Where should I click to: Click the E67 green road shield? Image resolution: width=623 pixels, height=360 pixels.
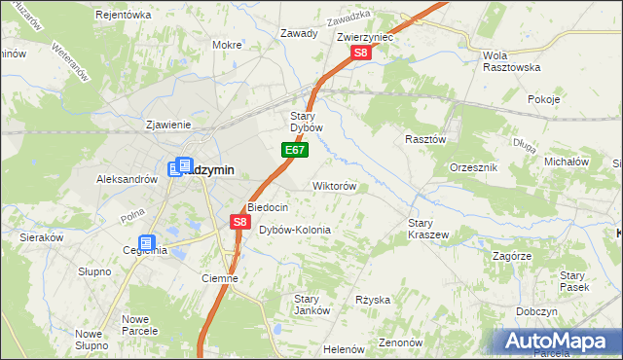[x=297, y=150]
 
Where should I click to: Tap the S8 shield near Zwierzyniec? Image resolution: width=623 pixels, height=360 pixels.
[x=360, y=54]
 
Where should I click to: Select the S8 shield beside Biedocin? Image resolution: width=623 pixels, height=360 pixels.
[x=241, y=223]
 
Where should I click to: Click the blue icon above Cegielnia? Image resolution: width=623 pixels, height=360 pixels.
[x=146, y=242]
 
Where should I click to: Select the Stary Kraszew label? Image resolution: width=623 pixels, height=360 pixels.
[x=427, y=229]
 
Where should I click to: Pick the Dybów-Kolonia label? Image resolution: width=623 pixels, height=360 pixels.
[x=295, y=230]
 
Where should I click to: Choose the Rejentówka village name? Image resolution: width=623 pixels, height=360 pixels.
[x=124, y=15]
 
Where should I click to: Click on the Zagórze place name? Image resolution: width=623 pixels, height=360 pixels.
[x=511, y=256]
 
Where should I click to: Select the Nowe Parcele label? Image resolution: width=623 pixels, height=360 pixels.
[x=141, y=324]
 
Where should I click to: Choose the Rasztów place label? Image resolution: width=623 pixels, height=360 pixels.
[x=425, y=139]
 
